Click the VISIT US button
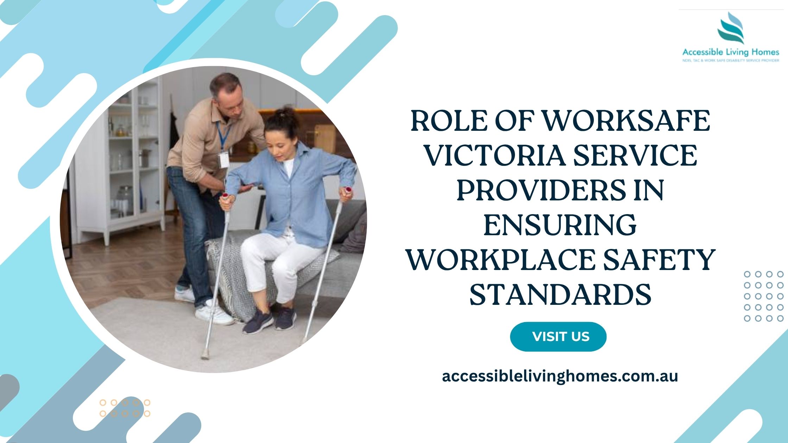(x=558, y=336)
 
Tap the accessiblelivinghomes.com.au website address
(x=560, y=376)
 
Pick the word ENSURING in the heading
(x=560, y=225)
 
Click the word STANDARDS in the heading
(x=560, y=295)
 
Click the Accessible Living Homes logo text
(x=731, y=52)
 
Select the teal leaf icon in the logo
(x=731, y=28)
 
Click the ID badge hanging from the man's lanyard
(x=224, y=160)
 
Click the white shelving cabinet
(x=120, y=162)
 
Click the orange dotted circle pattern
(x=125, y=408)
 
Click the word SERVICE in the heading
(x=635, y=155)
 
